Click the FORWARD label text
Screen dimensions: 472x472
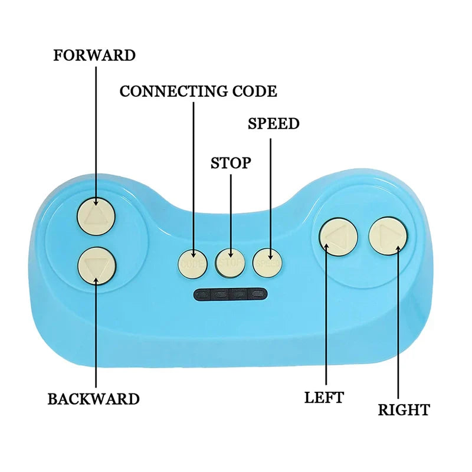pos(94,55)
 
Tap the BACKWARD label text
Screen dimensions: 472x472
pos(93,399)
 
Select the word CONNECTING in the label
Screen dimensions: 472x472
pos(167,91)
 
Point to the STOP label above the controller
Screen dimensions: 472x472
pos(231,163)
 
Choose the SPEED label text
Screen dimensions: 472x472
pos(273,124)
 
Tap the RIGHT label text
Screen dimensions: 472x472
pos(404,409)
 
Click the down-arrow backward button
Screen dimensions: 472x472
pos(96,266)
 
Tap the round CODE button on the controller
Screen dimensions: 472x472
pos(192,263)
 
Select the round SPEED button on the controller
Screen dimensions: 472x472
pos(268,262)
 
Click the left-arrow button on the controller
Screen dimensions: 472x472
pos(339,237)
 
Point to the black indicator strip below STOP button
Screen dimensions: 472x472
pos(231,293)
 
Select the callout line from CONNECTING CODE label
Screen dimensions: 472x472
pos(193,177)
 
